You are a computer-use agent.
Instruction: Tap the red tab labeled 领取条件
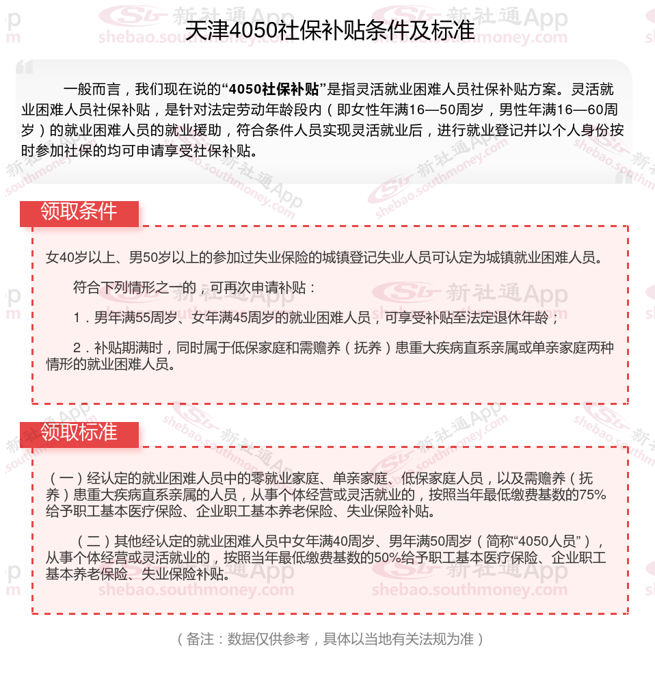[x=79, y=212]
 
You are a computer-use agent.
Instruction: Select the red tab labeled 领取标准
[x=79, y=433]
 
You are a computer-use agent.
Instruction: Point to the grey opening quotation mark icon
[x=25, y=67]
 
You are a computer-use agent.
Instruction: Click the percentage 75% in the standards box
[x=592, y=494]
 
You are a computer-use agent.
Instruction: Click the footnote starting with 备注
[x=327, y=639]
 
